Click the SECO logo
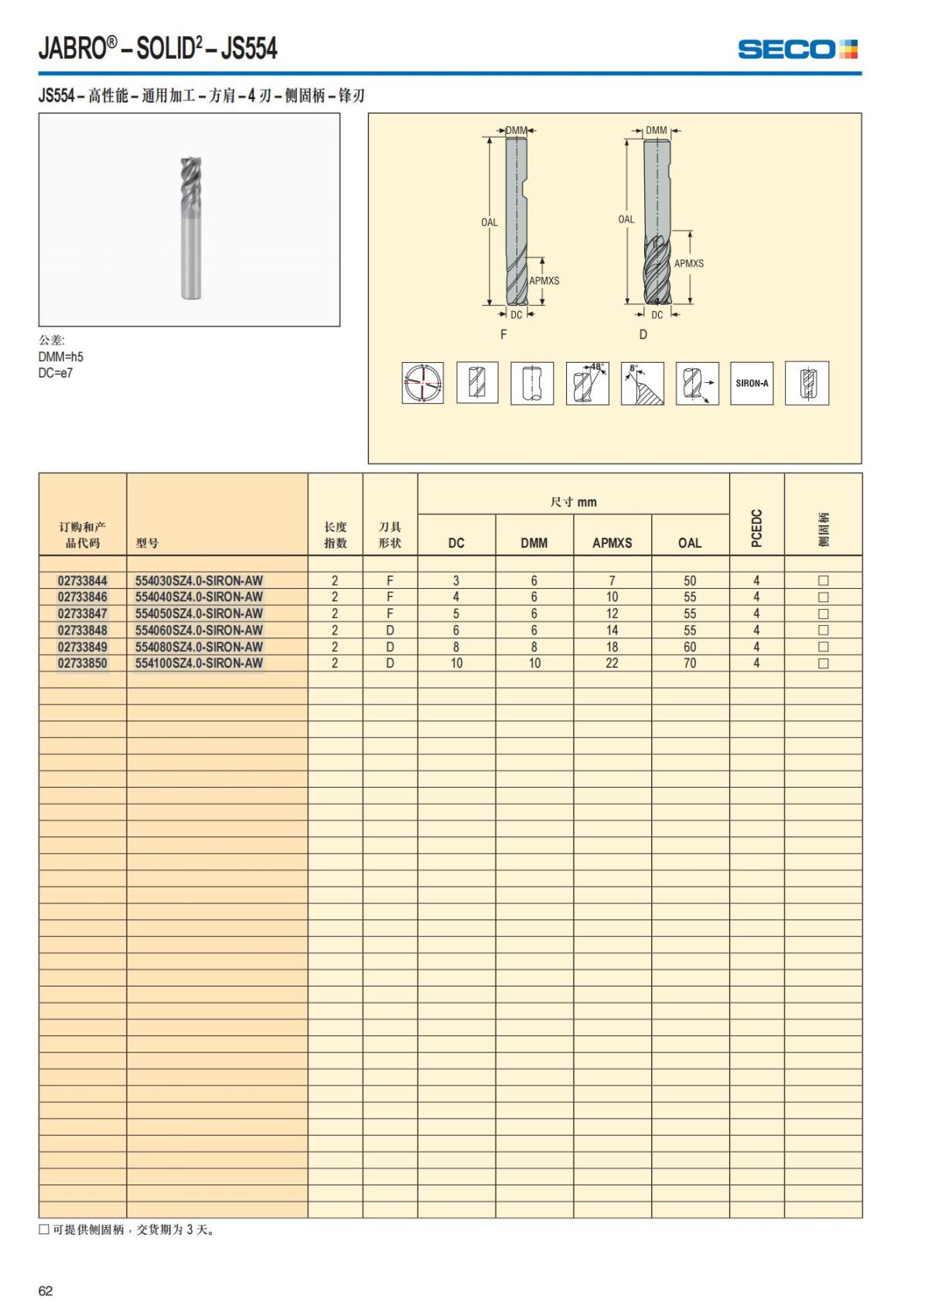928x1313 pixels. (797, 50)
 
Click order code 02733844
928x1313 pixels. (83, 580)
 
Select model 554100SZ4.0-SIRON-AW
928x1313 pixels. (199, 663)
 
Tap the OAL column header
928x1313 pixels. (690, 543)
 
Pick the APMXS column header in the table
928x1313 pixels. (612, 543)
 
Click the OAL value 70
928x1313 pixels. (690, 663)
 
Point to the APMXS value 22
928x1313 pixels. (612, 663)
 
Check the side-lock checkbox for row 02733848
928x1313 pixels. (823, 631)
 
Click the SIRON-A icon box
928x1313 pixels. (752, 383)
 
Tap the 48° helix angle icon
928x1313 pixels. (587, 383)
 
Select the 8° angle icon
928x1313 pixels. (642, 383)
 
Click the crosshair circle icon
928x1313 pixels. (423, 383)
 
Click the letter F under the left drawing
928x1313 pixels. (503, 334)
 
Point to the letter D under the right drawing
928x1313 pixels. (643, 334)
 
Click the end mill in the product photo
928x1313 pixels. (192, 228)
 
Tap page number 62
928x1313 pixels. (46, 1291)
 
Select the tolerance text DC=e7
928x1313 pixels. (56, 373)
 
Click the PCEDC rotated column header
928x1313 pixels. (756, 528)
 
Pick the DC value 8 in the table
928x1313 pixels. (456, 647)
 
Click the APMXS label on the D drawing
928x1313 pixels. (688, 263)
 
